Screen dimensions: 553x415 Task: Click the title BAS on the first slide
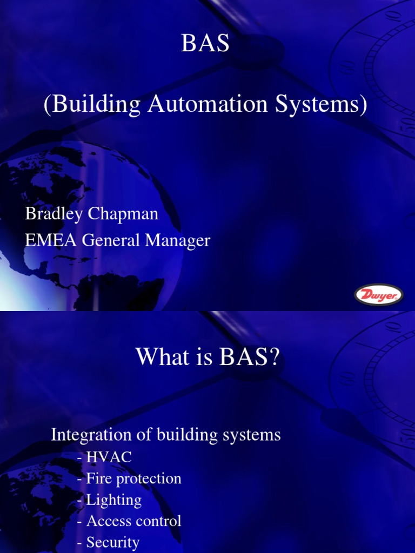click(x=205, y=44)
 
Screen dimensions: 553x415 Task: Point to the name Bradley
click(x=52, y=214)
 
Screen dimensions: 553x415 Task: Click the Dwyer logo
click(x=378, y=295)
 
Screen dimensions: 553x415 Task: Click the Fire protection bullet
click(x=130, y=478)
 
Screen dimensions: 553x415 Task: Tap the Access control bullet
click(x=130, y=521)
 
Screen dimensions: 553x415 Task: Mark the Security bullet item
click(x=109, y=542)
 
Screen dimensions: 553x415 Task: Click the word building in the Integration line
click(x=192, y=435)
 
